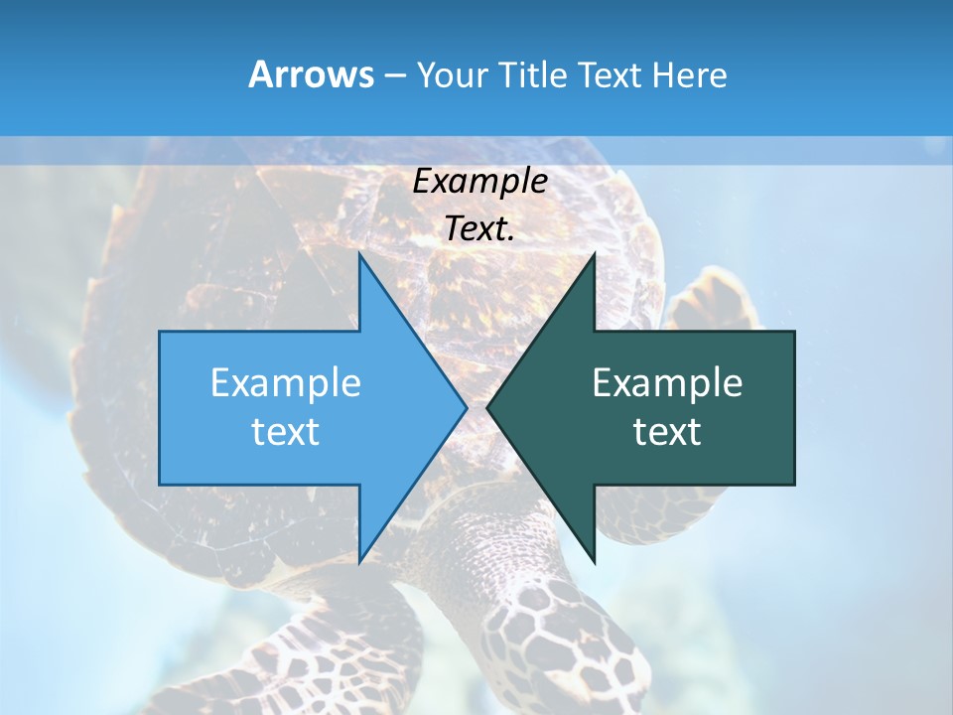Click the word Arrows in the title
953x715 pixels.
click(311, 74)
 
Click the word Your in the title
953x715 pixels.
click(452, 74)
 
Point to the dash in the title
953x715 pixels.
click(394, 75)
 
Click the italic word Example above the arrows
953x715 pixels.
click(480, 182)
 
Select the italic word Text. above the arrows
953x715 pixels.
click(480, 229)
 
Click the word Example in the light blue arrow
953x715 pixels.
click(286, 382)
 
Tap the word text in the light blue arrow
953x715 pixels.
click(286, 432)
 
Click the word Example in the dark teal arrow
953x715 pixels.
click(667, 382)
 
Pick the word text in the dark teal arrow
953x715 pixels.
click(667, 432)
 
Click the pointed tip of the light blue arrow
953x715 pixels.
click(467, 407)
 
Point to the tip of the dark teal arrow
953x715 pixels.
click(487, 407)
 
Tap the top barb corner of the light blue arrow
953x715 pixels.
click(359, 254)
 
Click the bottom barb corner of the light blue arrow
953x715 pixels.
click(359, 562)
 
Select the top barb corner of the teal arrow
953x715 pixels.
click(594, 254)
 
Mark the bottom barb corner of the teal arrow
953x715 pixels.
click(594, 562)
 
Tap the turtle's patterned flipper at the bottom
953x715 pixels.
click(556, 636)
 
